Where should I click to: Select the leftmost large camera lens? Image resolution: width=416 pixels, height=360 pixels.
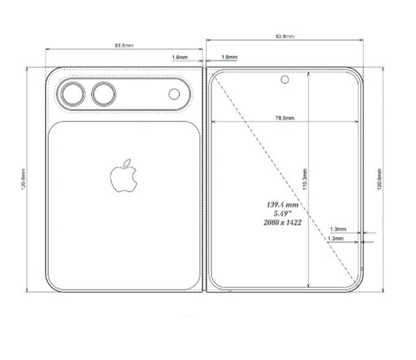(x=71, y=95)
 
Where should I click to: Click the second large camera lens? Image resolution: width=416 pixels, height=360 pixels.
(x=103, y=95)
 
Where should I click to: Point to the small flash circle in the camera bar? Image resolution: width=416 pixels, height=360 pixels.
(x=174, y=94)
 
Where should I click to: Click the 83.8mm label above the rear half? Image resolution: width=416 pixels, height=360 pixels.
(x=124, y=45)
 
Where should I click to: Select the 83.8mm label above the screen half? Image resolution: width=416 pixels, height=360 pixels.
(x=285, y=36)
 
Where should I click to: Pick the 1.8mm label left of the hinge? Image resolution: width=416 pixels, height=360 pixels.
(x=180, y=57)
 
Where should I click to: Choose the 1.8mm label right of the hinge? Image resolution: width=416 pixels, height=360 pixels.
(x=229, y=57)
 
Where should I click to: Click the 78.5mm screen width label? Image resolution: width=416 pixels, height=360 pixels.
(x=285, y=118)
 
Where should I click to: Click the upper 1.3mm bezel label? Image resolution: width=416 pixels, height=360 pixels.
(x=338, y=229)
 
